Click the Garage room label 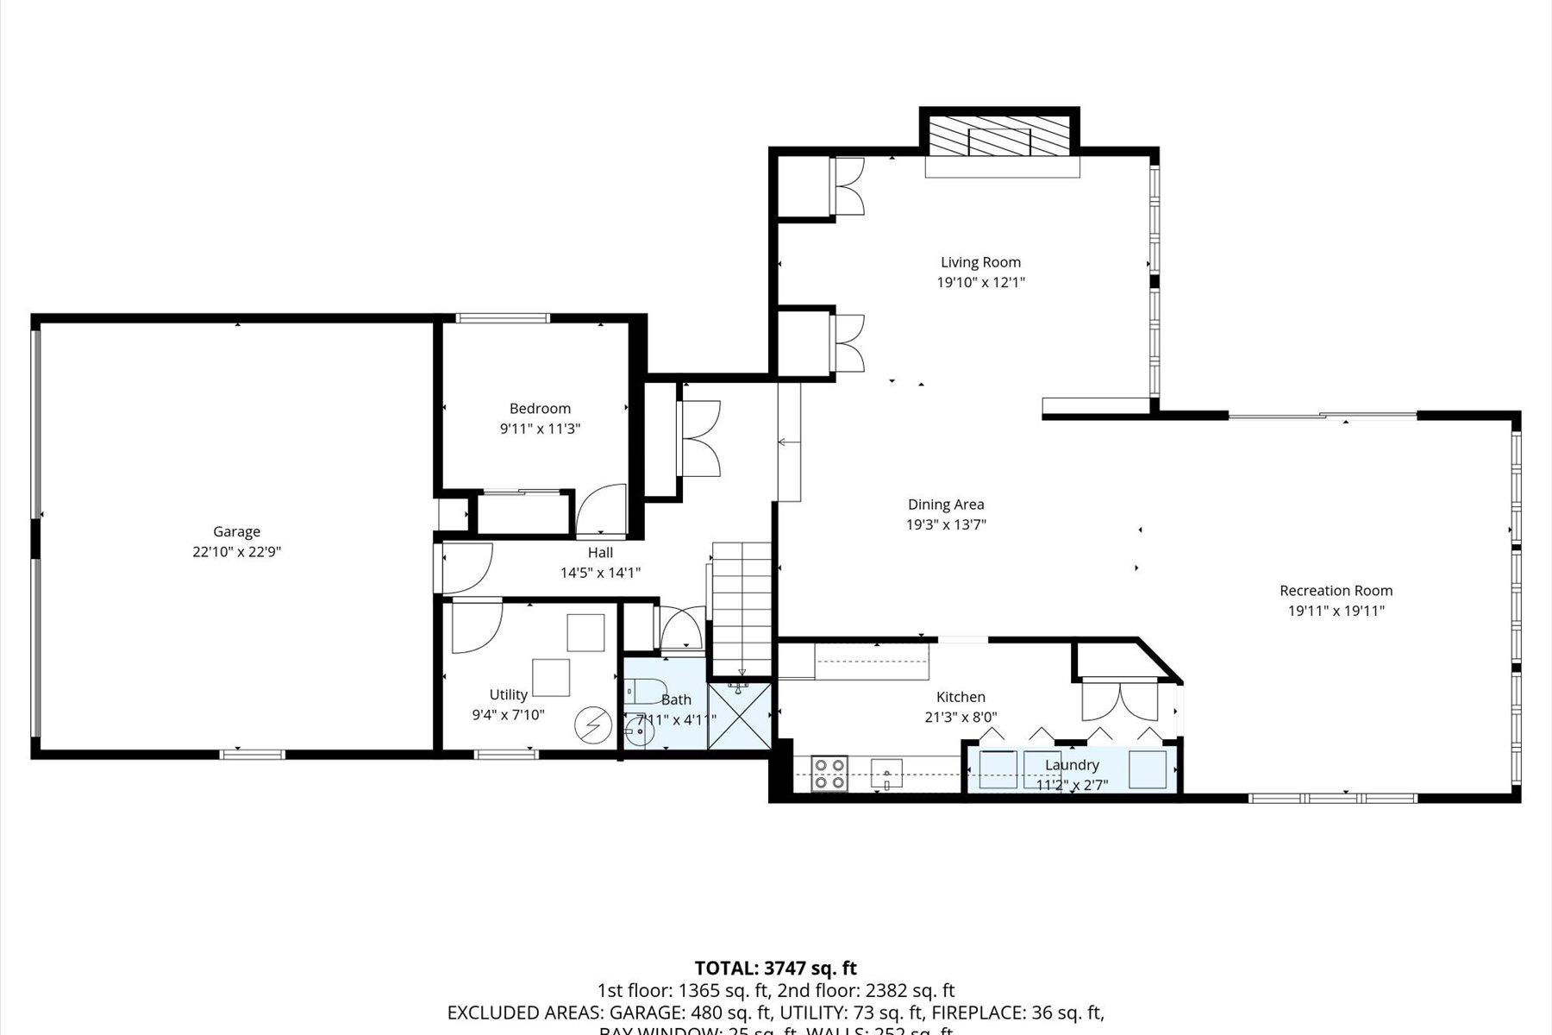click(236, 532)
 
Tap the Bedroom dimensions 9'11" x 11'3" click(540, 429)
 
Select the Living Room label click(980, 262)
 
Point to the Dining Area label click(946, 505)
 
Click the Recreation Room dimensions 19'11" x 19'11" click(1336, 611)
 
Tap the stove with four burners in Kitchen click(829, 773)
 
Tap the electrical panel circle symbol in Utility click(593, 724)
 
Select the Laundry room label click(1072, 765)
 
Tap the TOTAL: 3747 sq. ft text click(775, 968)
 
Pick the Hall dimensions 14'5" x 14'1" click(600, 572)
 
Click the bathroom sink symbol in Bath click(639, 734)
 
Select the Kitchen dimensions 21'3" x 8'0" click(961, 717)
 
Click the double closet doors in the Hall click(700, 438)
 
